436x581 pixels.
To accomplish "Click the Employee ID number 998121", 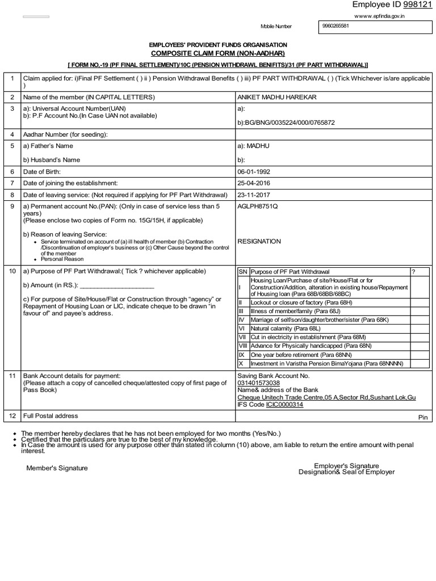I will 418,5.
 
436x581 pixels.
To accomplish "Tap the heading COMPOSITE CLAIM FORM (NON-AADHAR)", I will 217,53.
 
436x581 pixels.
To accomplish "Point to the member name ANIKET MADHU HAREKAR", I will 276,97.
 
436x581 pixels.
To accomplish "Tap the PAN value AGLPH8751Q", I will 258,206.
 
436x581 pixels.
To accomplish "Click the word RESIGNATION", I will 259,241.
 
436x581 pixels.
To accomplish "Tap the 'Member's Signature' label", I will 57,468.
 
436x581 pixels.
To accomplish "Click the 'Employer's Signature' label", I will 346,466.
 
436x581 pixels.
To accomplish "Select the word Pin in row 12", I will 423,417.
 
